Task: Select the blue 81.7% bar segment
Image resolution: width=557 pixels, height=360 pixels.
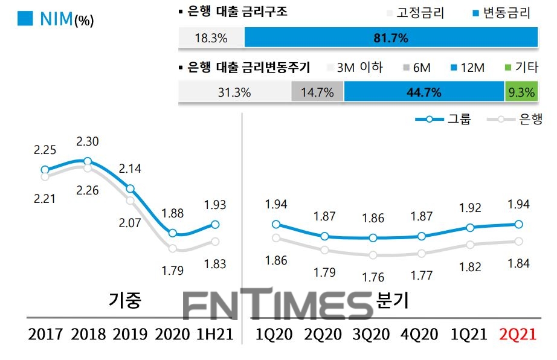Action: [x=391, y=38]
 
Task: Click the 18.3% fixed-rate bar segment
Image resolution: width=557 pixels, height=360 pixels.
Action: [x=211, y=38]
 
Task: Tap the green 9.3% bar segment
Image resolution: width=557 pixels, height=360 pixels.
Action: [x=521, y=92]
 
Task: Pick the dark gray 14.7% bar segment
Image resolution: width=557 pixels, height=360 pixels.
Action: [x=318, y=92]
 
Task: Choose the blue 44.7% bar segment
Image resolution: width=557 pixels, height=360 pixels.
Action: [x=423, y=92]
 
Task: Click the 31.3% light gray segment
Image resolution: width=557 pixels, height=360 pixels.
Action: [x=234, y=92]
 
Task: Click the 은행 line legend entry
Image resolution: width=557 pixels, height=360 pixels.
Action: [x=518, y=119]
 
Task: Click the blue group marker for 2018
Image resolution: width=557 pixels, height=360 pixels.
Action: [x=88, y=161]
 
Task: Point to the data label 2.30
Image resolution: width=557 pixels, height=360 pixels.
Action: [x=88, y=142]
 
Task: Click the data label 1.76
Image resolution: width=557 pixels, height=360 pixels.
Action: [x=373, y=277]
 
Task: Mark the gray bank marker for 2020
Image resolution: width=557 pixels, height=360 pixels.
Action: [x=173, y=248]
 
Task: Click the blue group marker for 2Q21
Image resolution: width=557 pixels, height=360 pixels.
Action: [x=519, y=224]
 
